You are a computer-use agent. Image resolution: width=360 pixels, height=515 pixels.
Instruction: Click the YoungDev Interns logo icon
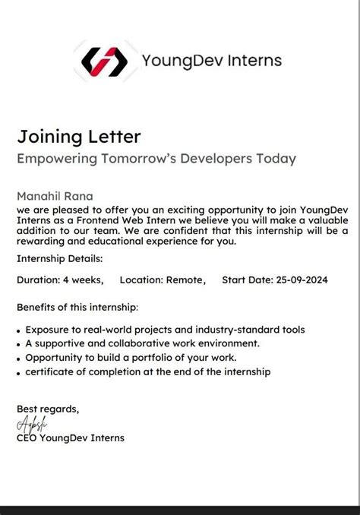[103, 61]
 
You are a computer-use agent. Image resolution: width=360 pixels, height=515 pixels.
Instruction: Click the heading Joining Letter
[79, 137]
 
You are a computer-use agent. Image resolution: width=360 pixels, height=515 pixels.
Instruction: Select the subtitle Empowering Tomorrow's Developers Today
[156, 159]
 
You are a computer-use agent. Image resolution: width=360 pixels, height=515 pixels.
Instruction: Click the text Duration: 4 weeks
[59, 280]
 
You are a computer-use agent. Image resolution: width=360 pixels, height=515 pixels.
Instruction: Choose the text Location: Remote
[162, 280]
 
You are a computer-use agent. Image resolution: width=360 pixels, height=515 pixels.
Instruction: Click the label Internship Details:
[59, 259]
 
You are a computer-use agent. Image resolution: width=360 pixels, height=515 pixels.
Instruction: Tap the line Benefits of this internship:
[77, 308]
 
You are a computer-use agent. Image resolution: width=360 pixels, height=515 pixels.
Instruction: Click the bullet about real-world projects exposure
[165, 330]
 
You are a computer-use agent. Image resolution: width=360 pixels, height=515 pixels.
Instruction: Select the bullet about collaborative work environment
[142, 343]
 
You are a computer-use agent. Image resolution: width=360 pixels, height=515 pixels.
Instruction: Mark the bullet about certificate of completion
[147, 371]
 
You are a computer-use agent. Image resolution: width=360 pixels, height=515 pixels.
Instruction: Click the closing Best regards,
[47, 409]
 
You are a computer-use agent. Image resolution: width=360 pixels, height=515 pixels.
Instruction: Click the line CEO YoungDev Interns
[70, 438]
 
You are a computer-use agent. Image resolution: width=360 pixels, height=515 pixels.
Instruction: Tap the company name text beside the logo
[211, 61]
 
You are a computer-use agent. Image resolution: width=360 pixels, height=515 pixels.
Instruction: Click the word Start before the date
[235, 280]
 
